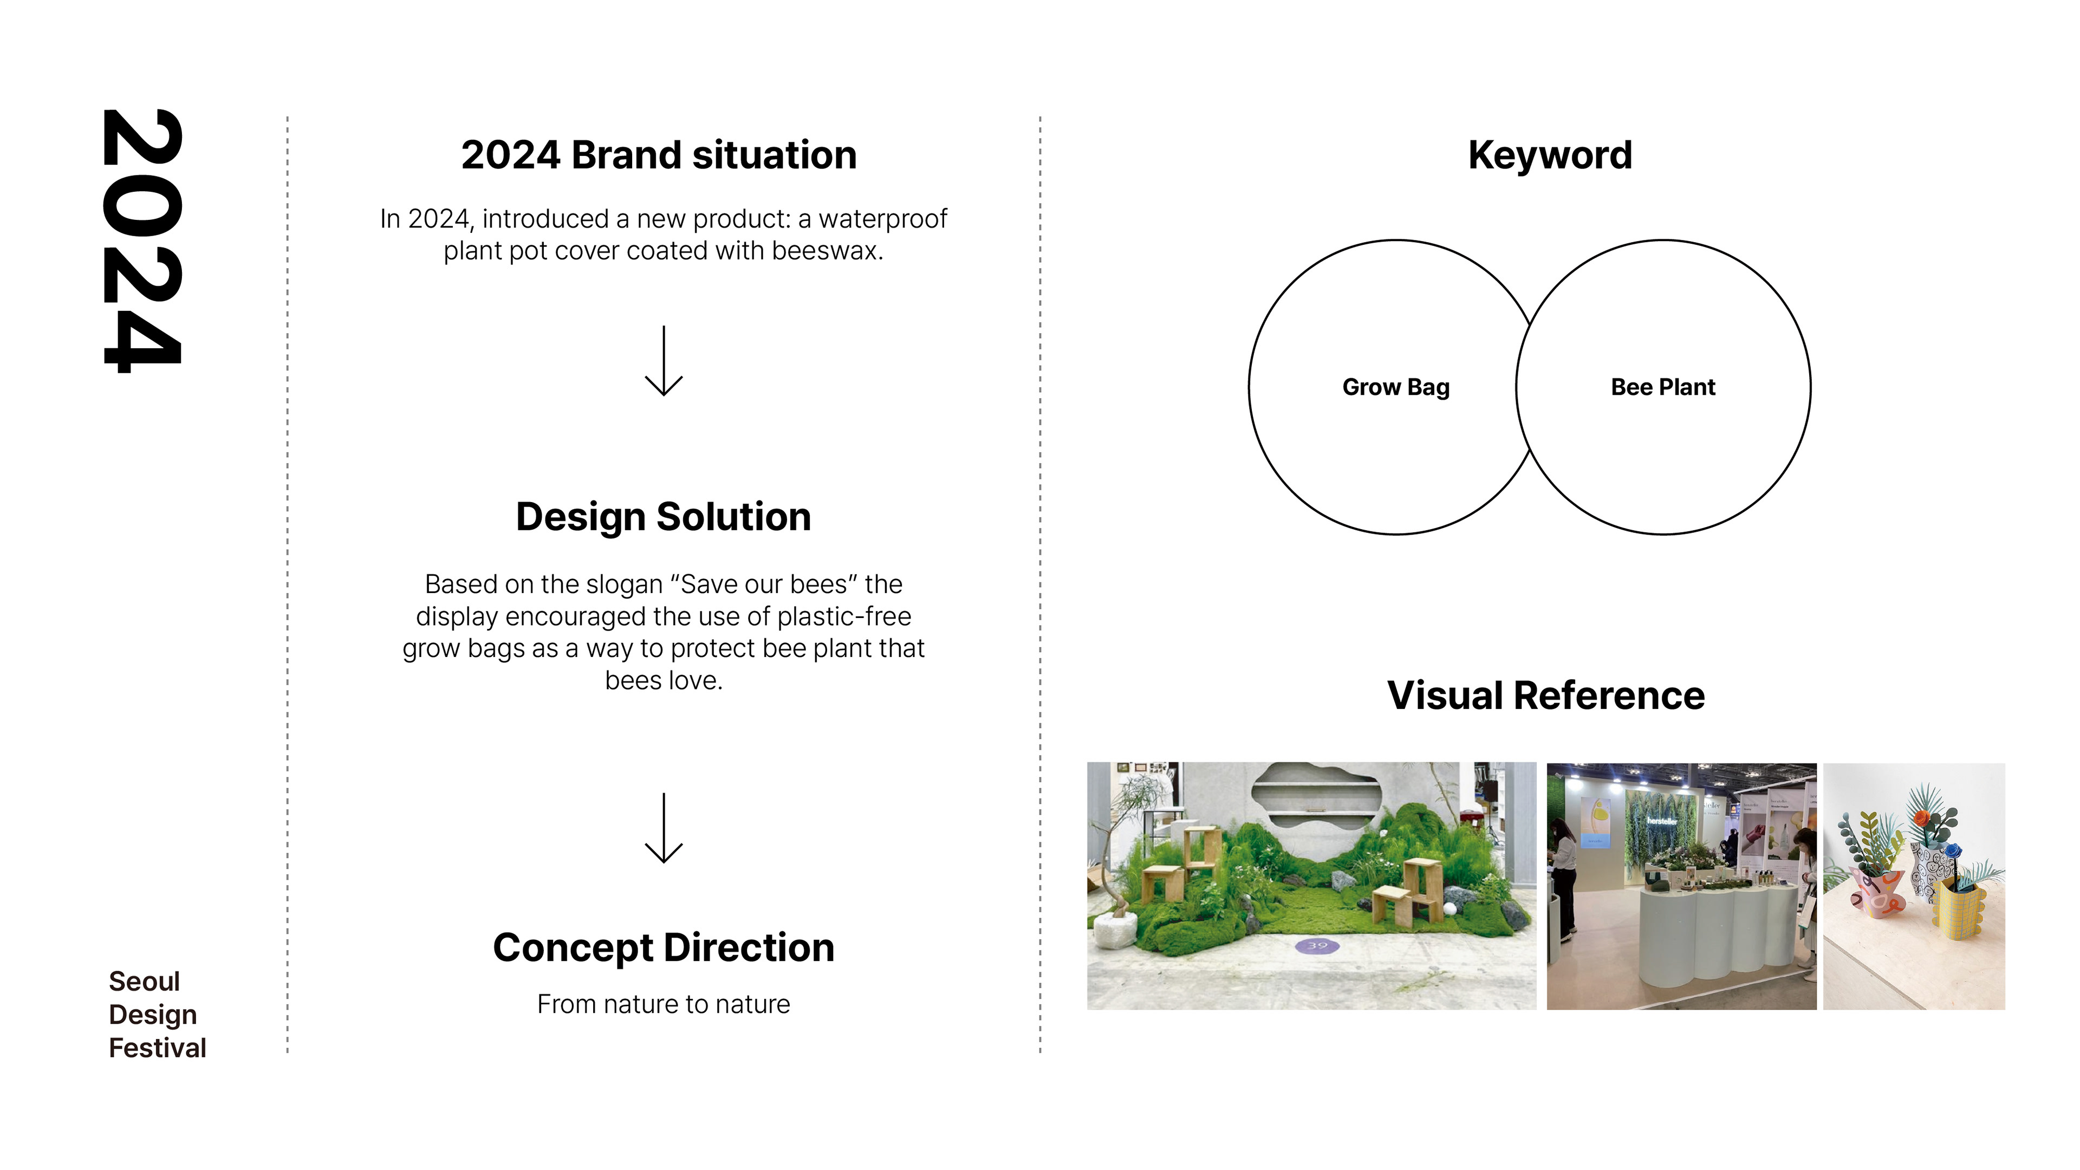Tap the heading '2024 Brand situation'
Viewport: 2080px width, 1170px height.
659,155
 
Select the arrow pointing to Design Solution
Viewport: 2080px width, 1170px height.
664,361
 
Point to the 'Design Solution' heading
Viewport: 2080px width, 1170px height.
663,517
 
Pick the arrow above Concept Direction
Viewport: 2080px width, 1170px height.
664,828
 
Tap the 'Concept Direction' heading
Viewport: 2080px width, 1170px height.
663,947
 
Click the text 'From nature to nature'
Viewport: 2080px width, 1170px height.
663,1004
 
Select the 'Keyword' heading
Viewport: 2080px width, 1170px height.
1550,155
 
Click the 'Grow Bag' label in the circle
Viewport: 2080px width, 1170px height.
1395,388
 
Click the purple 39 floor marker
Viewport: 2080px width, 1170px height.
1317,946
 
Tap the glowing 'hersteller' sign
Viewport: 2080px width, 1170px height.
1662,821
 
